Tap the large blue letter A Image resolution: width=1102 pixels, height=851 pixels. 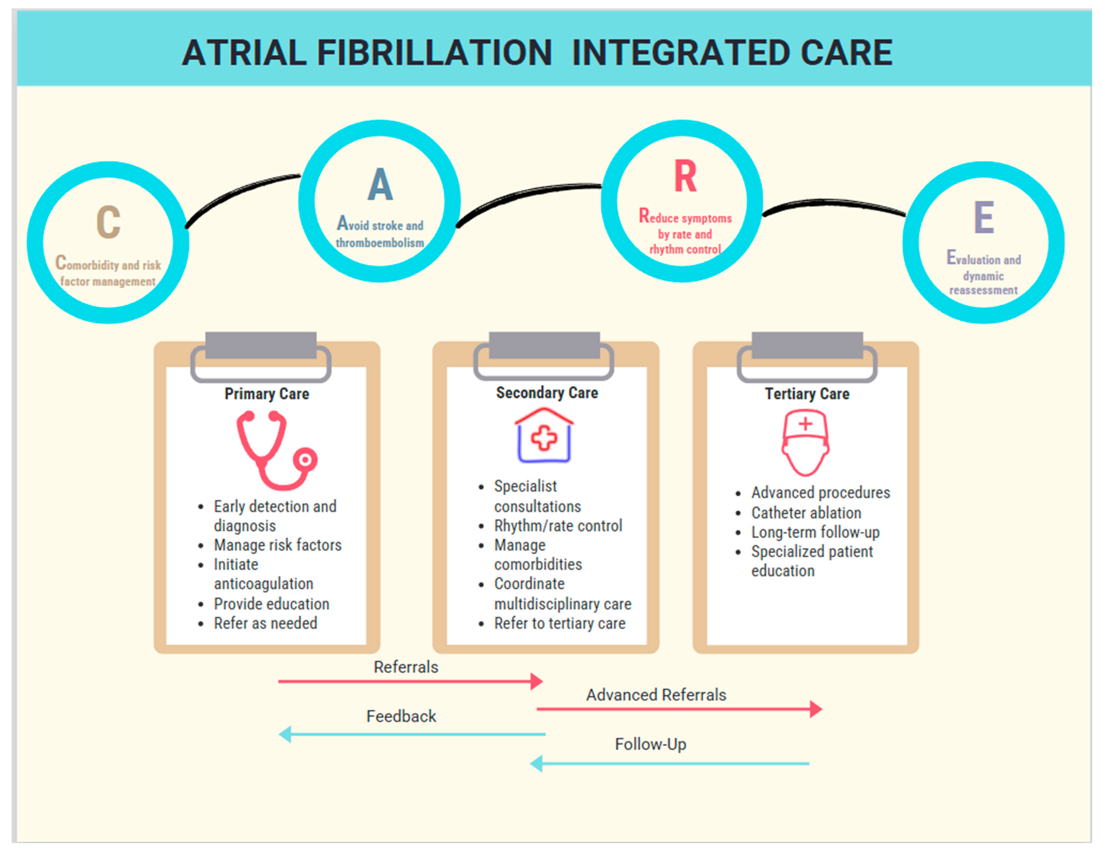click(x=380, y=185)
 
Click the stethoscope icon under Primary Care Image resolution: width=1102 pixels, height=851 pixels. click(x=275, y=450)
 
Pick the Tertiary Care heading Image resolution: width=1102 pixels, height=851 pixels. click(x=807, y=393)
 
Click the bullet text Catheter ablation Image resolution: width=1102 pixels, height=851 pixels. click(x=806, y=513)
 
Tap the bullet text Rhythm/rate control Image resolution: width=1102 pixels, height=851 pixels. click(x=558, y=526)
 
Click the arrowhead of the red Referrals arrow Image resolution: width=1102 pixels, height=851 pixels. click(x=537, y=681)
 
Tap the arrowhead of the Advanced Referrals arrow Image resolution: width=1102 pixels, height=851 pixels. click(x=816, y=709)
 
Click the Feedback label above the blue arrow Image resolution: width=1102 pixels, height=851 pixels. click(x=401, y=716)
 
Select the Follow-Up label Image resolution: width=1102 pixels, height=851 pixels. click(x=650, y=744)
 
